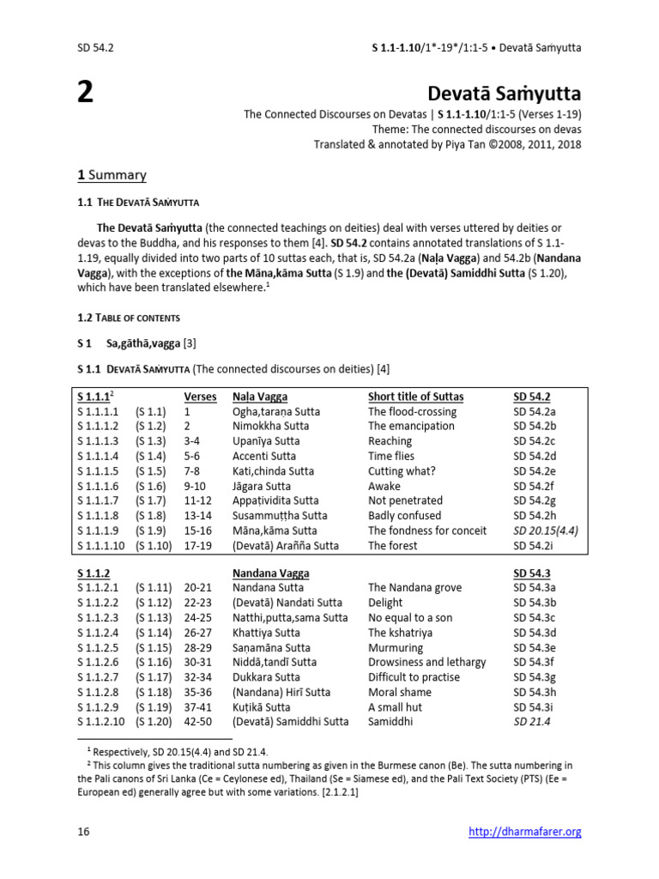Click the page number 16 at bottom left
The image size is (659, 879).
tap(84, 831)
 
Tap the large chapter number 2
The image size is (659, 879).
tap(85, 93)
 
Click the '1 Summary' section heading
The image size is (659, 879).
tap(112, 175)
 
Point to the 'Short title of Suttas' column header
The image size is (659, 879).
tap(415, 396)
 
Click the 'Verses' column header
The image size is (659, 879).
tap(200, 396)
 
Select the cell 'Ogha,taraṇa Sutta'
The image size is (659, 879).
tap(275, 411)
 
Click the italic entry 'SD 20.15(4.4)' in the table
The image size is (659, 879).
tap(546, 530)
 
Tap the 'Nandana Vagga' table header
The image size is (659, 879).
tap(271, 573)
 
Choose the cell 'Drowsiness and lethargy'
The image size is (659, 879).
tap(426, 662)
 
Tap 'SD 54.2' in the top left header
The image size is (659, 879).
tap(95, 47)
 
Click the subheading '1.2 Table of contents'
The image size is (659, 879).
tap(129, 318)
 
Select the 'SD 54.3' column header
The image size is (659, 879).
tap(533, 573)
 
